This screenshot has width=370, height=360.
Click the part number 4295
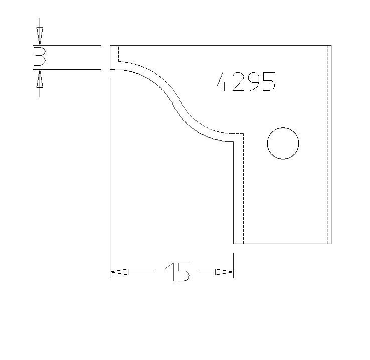246,81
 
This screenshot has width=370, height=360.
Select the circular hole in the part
283,143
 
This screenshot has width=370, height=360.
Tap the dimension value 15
177,272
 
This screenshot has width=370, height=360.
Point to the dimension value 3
40,57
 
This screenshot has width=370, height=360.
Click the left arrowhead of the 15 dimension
119,272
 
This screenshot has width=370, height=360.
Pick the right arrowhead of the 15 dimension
224,272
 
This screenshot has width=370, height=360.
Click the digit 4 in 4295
223,81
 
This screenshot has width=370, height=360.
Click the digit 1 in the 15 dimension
168,272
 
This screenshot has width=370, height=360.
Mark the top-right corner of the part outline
331,45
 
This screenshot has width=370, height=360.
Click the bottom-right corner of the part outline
331,244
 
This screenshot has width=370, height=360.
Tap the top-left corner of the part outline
110,45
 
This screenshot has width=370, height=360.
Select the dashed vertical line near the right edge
327,145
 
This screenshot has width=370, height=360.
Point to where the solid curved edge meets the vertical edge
234,142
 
